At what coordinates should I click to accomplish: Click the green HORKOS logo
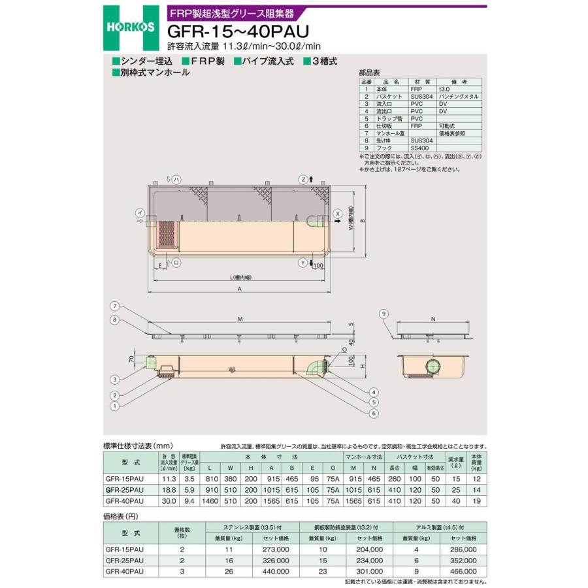(131, 27)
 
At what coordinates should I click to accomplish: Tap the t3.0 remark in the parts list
(444, 89)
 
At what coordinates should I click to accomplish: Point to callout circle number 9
(384, 314)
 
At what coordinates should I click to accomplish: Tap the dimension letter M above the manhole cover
(240, 319)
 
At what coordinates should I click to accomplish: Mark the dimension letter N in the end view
(433, 319)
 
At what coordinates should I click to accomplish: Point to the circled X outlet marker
(338, 214)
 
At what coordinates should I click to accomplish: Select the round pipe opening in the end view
(432, 366)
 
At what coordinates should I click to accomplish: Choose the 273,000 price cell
(275, 550)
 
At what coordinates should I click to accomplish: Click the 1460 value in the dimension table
(210, 500)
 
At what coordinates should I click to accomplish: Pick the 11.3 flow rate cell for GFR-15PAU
(169, 478)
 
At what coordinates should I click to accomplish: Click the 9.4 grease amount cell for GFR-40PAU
(189, 500)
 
